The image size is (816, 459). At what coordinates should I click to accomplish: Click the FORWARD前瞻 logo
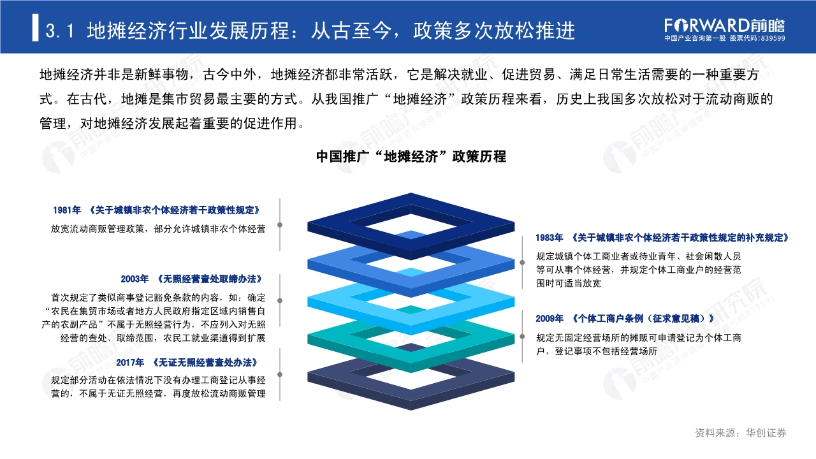pos(724,25)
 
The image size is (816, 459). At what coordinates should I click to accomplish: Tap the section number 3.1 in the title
pos(62,30)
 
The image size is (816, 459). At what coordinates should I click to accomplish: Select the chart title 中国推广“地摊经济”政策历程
pos(411,156)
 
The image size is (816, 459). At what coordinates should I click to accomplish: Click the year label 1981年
pos(68,210)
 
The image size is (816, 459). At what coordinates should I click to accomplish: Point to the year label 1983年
pos(549,237)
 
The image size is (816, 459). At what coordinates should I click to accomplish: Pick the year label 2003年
pos(135,279)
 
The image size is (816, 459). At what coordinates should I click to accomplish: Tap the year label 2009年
pos(550,318)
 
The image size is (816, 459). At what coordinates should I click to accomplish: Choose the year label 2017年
pos(131,362)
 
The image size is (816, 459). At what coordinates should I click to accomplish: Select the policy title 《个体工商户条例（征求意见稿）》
pos(642,318)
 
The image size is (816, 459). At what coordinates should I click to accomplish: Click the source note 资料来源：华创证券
pos(740,433)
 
